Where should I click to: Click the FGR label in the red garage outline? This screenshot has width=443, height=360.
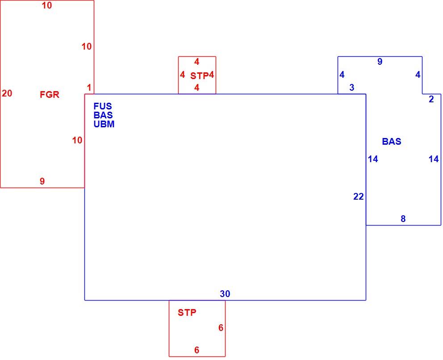coord(50,95)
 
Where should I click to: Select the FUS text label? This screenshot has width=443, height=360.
coord(103,106)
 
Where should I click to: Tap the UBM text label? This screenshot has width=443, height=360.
coord(104,124)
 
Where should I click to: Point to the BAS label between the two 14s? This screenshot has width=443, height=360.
coord(392,141)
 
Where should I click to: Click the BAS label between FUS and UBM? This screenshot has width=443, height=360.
coord(103,115)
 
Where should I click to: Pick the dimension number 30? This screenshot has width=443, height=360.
coord(225,294)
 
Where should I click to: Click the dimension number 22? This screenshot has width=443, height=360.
coord(359,197)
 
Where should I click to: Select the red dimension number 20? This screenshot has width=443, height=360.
coord(7,93)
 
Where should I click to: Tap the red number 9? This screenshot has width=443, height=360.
coord(42,181)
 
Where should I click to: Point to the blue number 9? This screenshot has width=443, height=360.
coord(380,62)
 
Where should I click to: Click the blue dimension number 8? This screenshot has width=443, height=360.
coord(403,219)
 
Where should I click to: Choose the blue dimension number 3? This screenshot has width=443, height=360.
coord(352,88)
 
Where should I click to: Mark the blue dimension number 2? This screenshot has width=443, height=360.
coord(431,99)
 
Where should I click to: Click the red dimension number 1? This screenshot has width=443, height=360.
coord(89,88)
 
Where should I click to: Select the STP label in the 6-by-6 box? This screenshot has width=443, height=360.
coord(187,313)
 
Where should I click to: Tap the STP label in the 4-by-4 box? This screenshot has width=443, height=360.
coord(199,76)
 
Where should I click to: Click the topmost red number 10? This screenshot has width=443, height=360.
coord(47,5)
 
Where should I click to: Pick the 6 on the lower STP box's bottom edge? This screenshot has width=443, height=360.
coord(196,350)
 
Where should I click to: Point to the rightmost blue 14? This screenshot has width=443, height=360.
coord(434,159)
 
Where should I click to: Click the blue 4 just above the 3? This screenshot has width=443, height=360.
coord(342,75)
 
